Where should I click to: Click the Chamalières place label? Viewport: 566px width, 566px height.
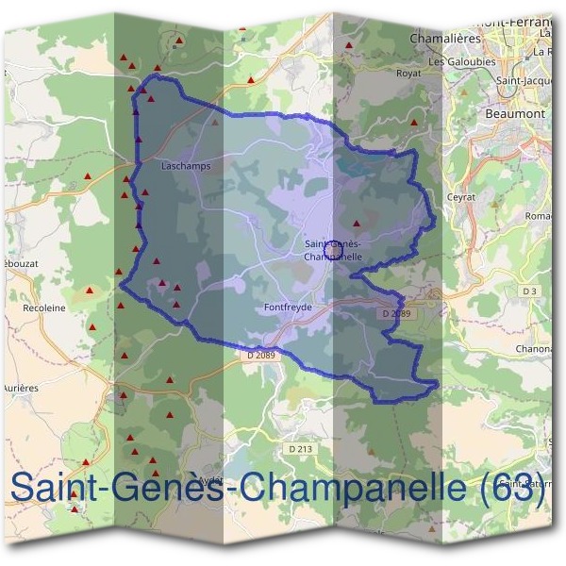coord(445,38)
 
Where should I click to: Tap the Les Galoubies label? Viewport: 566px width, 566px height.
coord(461,62)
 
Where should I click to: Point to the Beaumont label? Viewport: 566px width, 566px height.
coord(515,113)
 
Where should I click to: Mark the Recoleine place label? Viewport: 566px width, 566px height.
coord(43,308)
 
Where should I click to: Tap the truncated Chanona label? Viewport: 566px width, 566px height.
coord(534,348)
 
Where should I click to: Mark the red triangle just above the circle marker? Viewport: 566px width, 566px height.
coord(356,224)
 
